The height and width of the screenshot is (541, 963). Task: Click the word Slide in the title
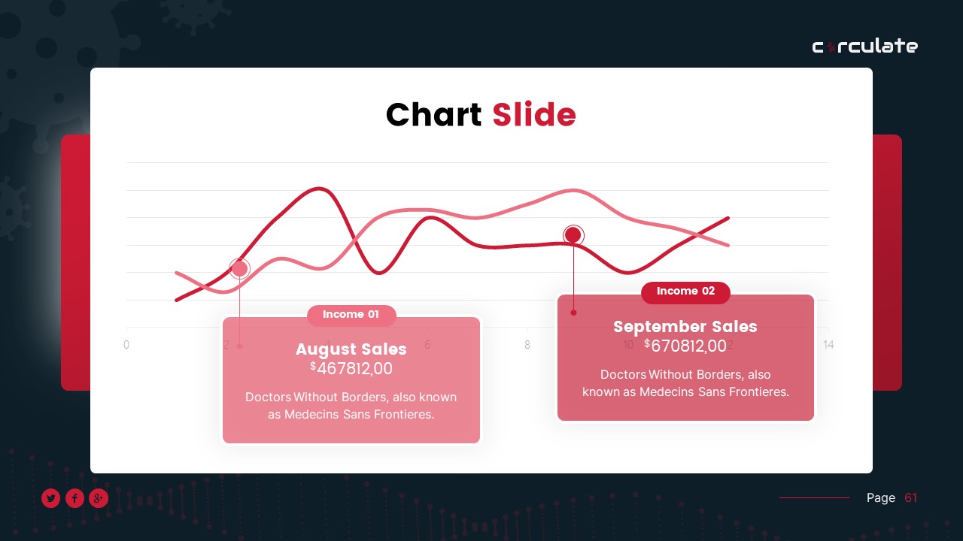(534, 115)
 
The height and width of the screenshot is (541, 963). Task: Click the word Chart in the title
(433, 115)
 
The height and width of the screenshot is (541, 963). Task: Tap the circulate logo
(864, 47)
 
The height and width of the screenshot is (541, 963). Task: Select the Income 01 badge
(351, 315)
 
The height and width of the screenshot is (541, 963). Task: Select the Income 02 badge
(685, 292)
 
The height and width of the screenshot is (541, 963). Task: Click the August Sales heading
(351, 349)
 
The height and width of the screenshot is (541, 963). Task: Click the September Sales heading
(685, 327)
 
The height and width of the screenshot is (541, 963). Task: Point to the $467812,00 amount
(351, 368)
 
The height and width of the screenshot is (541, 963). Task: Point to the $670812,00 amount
(685, 346)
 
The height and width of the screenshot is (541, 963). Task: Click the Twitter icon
(50, 498)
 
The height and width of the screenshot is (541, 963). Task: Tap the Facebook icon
(74, 498)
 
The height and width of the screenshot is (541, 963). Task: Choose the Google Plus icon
(99, 498)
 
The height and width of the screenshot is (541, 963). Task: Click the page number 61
(911, 497)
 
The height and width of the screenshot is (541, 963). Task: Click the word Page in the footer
(881, 497)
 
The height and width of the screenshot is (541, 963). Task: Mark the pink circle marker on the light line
(239, 268)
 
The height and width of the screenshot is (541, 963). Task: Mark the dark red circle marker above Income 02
(573, 235)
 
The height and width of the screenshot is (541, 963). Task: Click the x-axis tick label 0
(126, 345)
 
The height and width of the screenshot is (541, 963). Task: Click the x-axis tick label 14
(828, 345)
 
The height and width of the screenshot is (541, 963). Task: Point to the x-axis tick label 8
(527, 345)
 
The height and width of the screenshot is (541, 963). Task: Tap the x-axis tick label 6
(427, 345)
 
